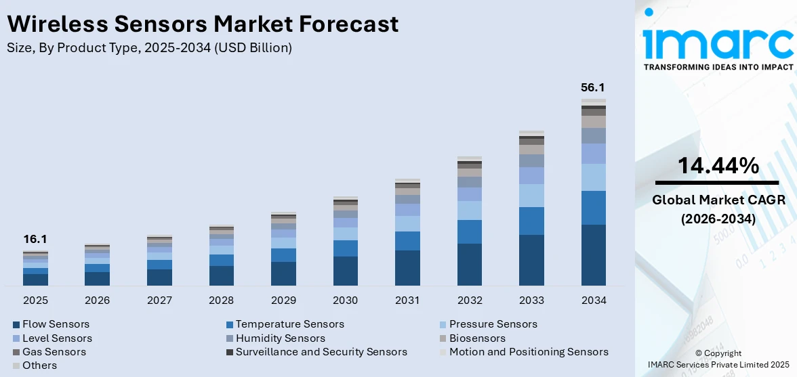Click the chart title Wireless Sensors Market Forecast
coord(203,24)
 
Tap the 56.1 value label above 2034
coord(593,87)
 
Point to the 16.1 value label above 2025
coord(35,239)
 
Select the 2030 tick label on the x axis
coord(346,300)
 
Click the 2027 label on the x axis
coord(159,300)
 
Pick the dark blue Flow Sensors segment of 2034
coord(593,255)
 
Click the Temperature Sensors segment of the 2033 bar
coord(531,221)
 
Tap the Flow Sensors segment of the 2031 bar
coord(407,268)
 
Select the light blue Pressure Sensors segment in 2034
coord(593,177)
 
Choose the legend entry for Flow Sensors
coord(56,324)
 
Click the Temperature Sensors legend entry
coord(289,324)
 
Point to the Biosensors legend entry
coord(477,338)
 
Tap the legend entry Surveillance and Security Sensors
coord(321,351)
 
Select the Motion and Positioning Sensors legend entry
coord(529,351)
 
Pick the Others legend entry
coord(39,365)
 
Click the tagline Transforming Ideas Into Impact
coord(718,67)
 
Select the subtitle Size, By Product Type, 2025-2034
coord(149,47)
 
